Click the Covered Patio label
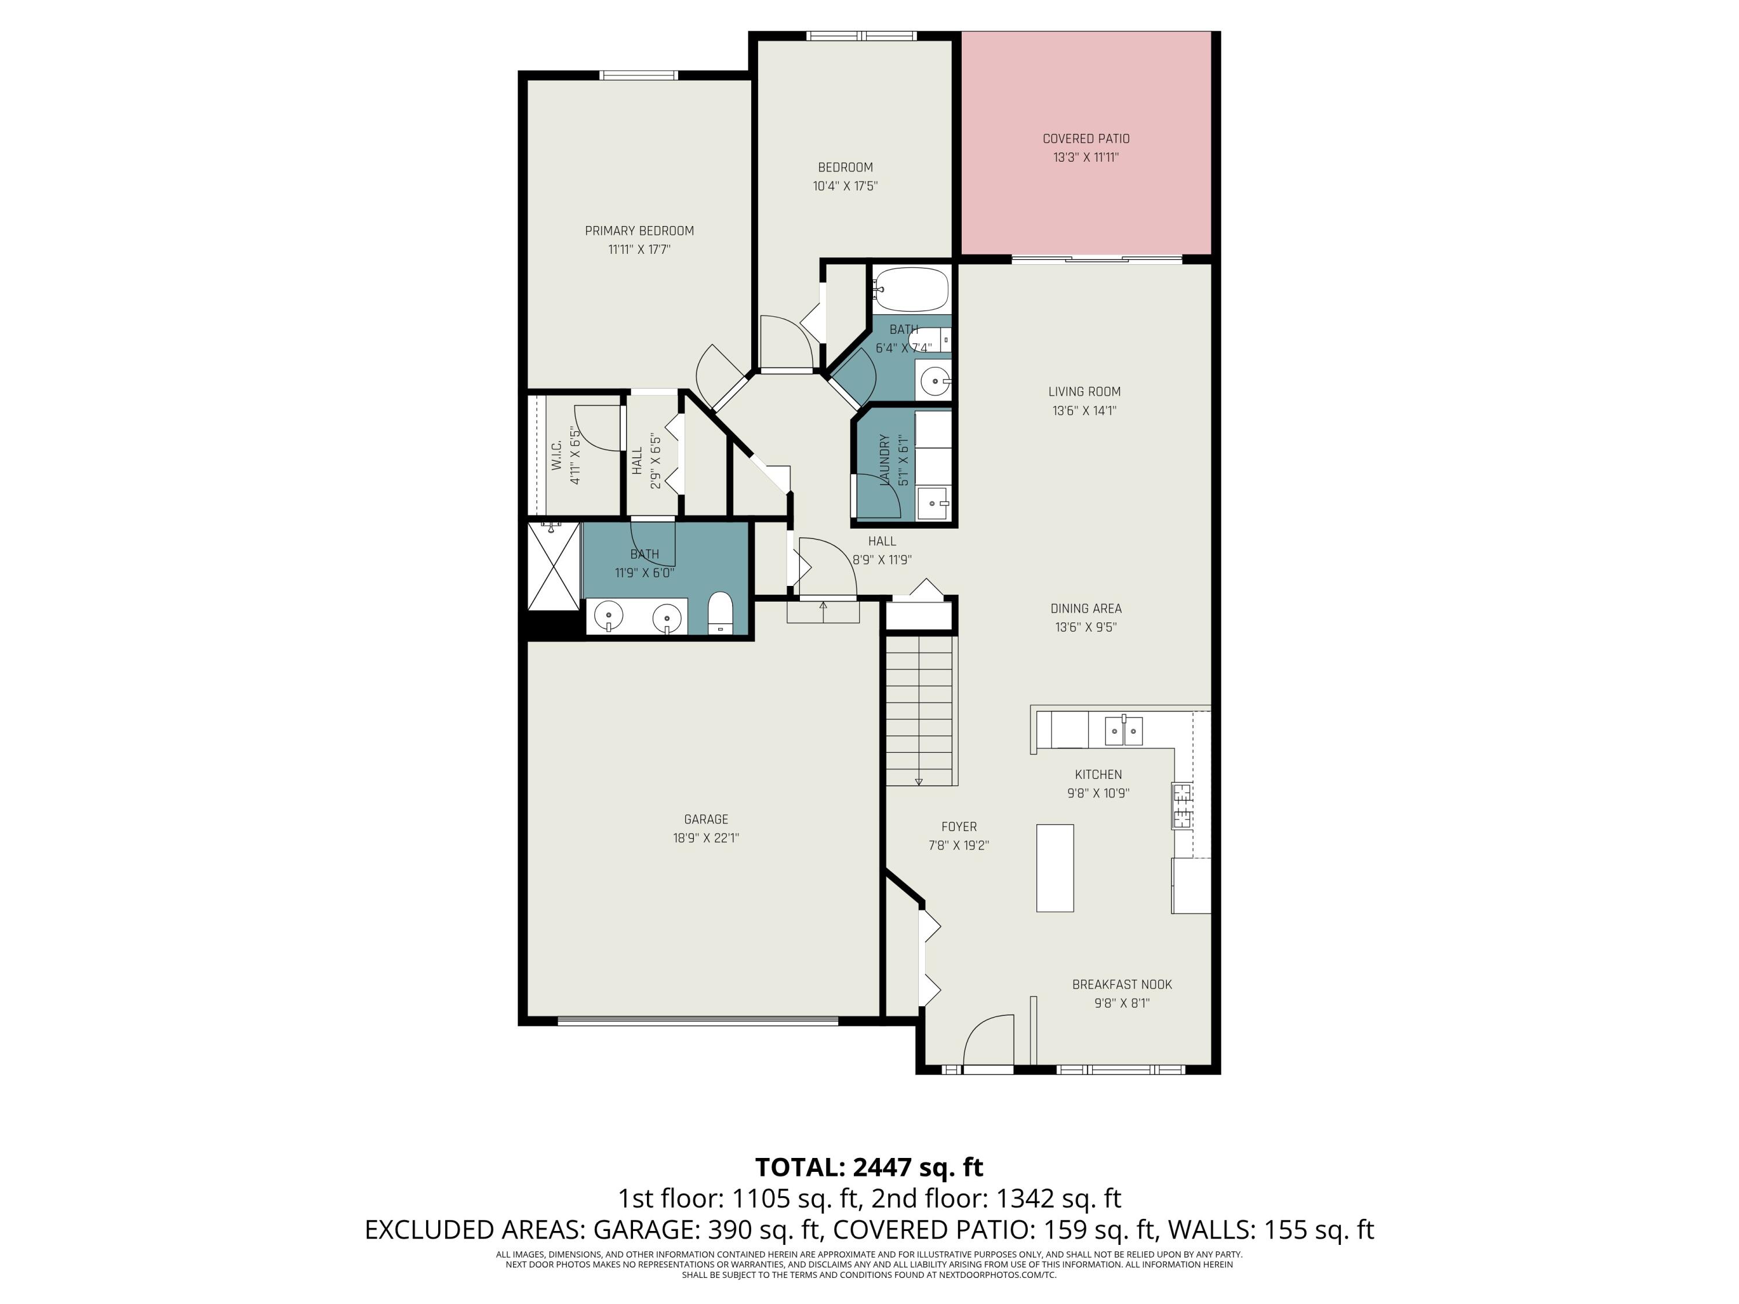pos(1086,139)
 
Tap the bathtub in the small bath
pos(911,290)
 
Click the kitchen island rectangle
pos(1055,868)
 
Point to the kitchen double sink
pos(1123,731)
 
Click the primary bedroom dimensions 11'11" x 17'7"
pos(639,250)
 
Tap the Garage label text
pos(706,819)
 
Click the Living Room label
pos(1084,391)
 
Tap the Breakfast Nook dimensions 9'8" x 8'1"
pos(1122,1003)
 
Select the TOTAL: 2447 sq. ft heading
pos(869,1167)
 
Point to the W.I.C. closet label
pos(556,456)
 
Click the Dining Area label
pos(1086,609)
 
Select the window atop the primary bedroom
pos(638,75)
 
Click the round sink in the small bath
pos(934,384)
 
